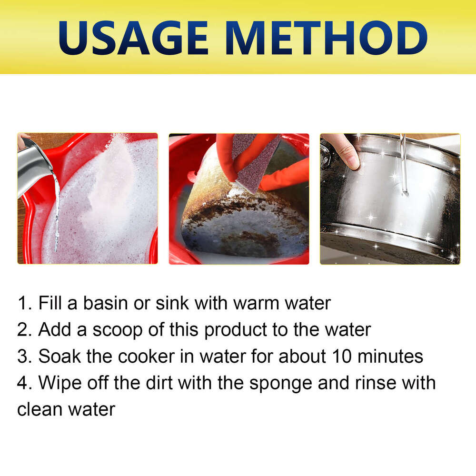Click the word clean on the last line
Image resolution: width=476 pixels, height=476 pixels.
tap(40, 409)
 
